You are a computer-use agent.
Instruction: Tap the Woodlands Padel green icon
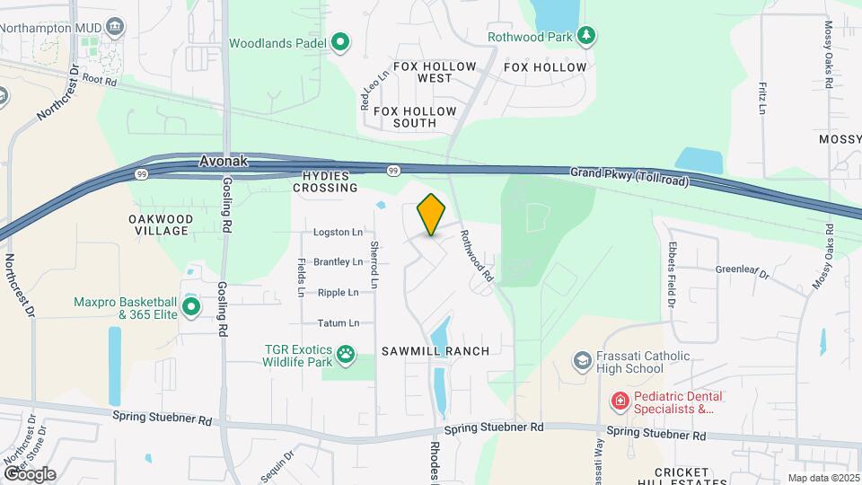[x=340, y=42]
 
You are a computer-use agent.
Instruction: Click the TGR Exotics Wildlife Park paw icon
[x=346, y=356]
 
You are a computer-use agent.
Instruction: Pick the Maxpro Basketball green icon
[x=191, y=308]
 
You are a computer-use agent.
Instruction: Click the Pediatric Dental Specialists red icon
[x=619, y=401]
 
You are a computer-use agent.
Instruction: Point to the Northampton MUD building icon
[x=115, y=27]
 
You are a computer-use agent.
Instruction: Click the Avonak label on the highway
[x=222, y=163]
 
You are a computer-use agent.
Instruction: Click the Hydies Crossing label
[x=325, y=182]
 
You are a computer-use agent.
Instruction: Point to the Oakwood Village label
[x=159, y=225]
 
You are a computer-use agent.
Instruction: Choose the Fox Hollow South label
[x=415, y=118]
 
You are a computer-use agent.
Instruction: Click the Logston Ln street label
[x=338, y=233]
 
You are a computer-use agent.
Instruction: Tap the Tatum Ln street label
[x=338, y=323]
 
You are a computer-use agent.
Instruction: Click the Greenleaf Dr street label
[x=743, y=269]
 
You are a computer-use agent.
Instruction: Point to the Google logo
[x=30, y=473]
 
